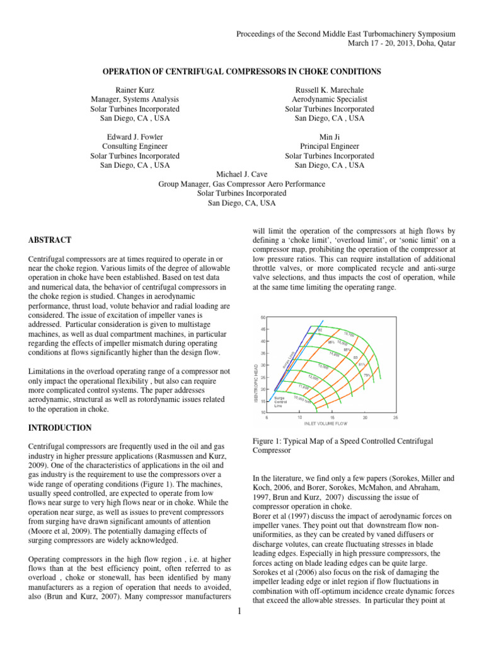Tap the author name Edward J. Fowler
[134, 137]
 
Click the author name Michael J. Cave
[242, 175]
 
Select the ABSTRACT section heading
[50, 240]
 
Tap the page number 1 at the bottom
[242, 632]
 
